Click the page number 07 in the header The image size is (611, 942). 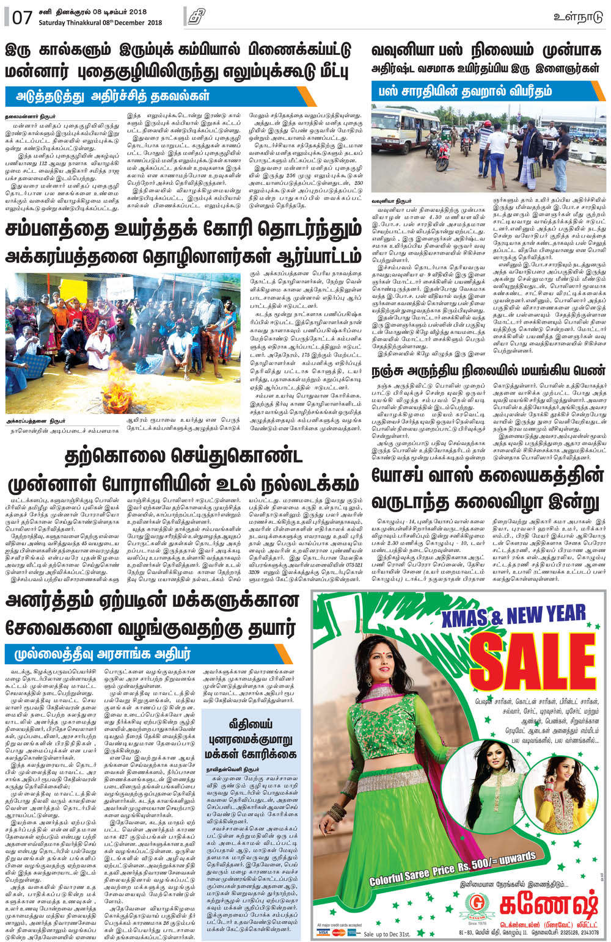tap(21, 16)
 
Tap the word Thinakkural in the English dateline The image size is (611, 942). tap(91, 23)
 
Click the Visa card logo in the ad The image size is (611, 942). tap(324, 933)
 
